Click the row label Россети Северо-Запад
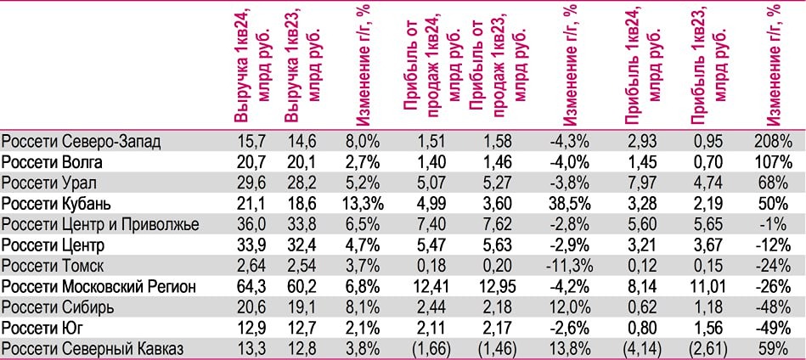click(x=82, y=142)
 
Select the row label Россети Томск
click(x=53, y=266)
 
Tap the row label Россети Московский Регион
click(x=99, y=287)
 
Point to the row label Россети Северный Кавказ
click(x=93, y=349)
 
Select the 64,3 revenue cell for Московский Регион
click(x=249, y=287)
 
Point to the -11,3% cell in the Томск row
click(x=571, y=266)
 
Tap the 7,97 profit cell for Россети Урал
click(x=641, y=183)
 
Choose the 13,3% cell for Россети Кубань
click(x=363, y=204)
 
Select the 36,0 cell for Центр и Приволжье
click(x=249, y=224)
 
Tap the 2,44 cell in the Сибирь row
click(x=434, y=307)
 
